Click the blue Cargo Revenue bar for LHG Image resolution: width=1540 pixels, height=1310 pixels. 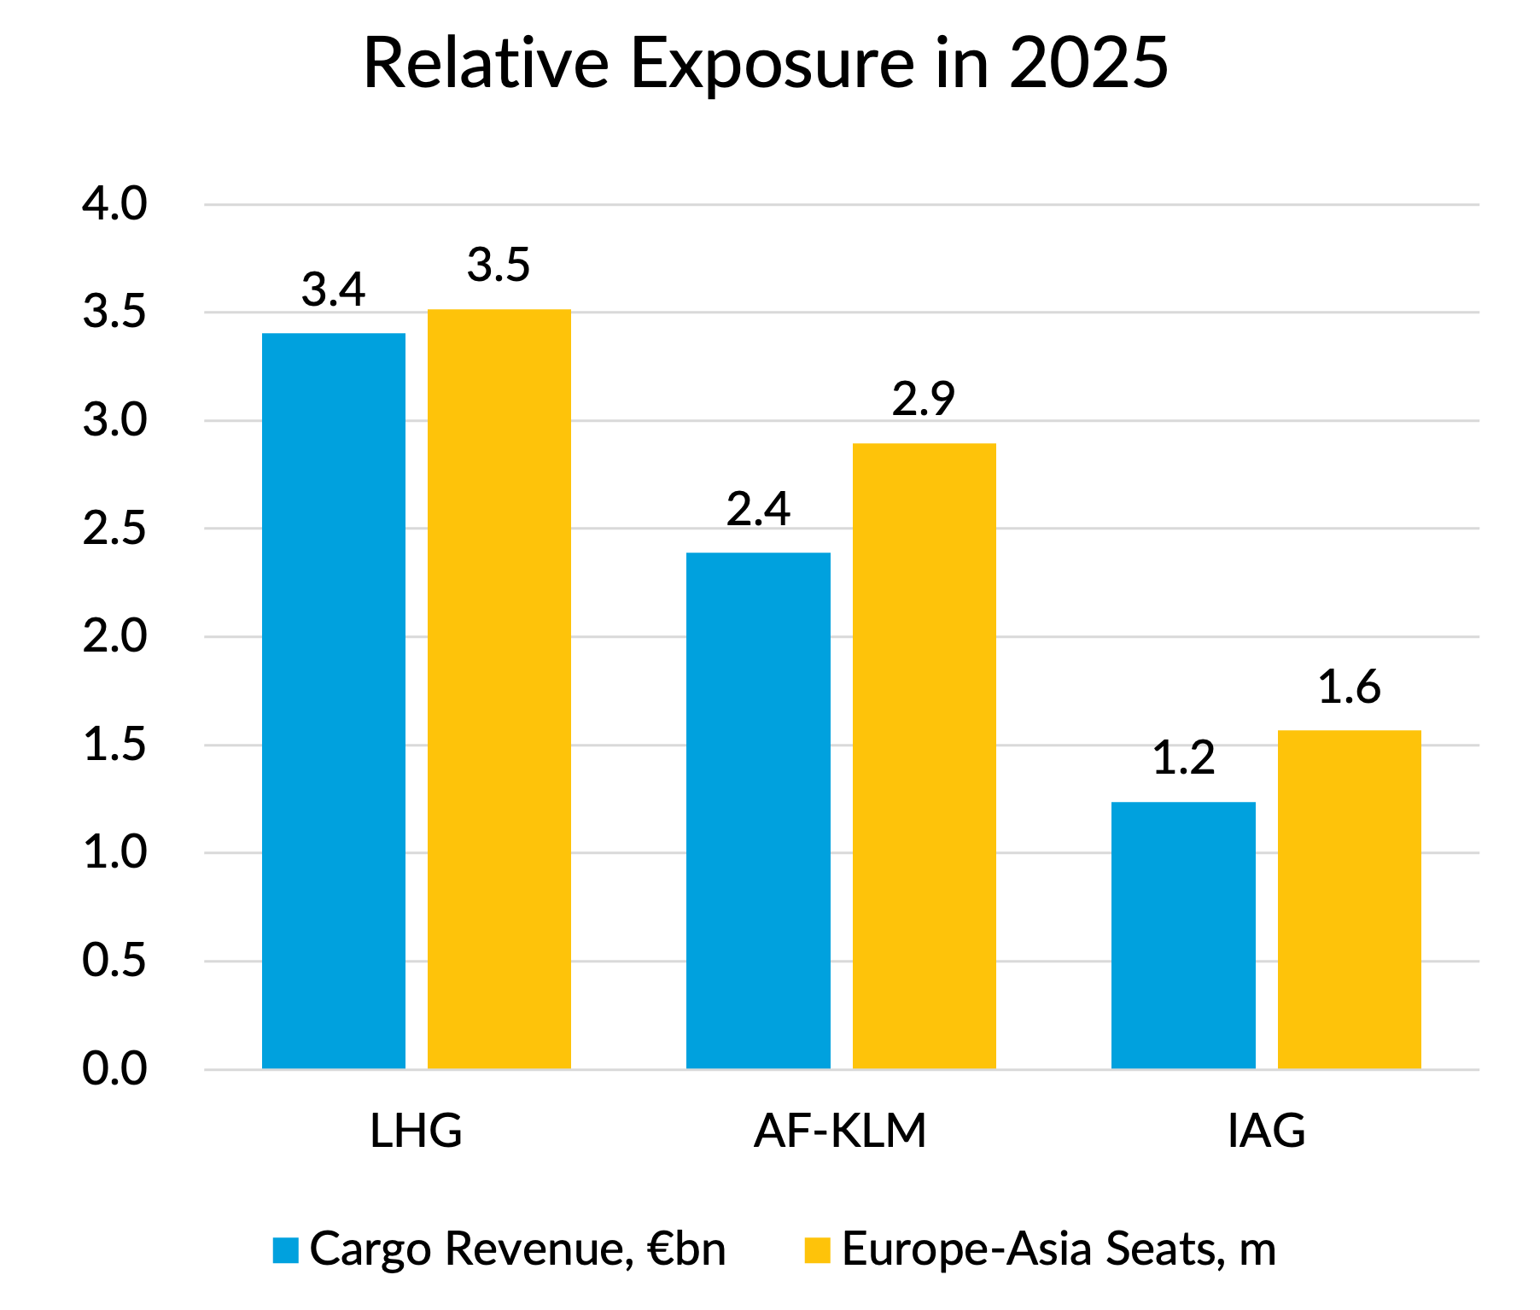tap(333, 700)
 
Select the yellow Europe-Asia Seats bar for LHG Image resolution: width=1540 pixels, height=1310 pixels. tap(499, 688)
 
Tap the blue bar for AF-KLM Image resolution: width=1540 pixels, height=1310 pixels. tap(758, 810)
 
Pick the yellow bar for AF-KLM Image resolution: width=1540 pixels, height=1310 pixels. tap(924, 756)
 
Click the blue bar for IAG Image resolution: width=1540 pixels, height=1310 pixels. tap(1183, 935)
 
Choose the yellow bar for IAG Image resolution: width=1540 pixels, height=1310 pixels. tap(1349, 899)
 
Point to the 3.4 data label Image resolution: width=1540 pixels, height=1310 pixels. tap(333, 289)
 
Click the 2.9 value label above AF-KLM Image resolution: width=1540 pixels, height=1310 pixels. tap(924, 399)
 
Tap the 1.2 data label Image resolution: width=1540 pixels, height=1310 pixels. tap(1183, 758)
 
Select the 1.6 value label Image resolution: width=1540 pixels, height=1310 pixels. tap(1349, 687)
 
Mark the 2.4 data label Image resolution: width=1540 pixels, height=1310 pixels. tap(758, 509)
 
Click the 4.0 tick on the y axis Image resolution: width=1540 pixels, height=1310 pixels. tap(114, 204)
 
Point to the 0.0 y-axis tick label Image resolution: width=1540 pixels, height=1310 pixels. tap(114, 1069)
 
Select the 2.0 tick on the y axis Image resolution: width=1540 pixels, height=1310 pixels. tap(114, 637)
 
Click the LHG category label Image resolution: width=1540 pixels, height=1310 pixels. tap(416, 1131)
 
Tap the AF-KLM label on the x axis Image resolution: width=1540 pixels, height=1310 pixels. tap(840, 1131)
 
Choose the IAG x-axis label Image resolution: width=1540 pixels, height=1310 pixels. tap(1266, 1131)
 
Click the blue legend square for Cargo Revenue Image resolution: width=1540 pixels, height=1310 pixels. tap(285, 1249)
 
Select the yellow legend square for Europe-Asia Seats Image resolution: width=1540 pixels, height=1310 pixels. tap(817, 1249)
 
